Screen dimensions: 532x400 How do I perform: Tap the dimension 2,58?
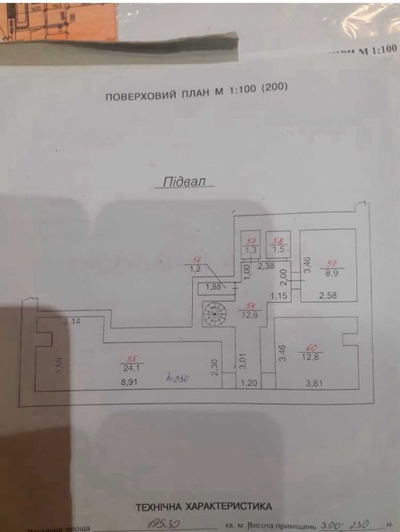pyautogui.click(x=328, y=295)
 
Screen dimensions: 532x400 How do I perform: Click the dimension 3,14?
pyautogui.click(x=72, y=322)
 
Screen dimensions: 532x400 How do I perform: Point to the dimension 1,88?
pyautogui.click(x=214, y=287)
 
